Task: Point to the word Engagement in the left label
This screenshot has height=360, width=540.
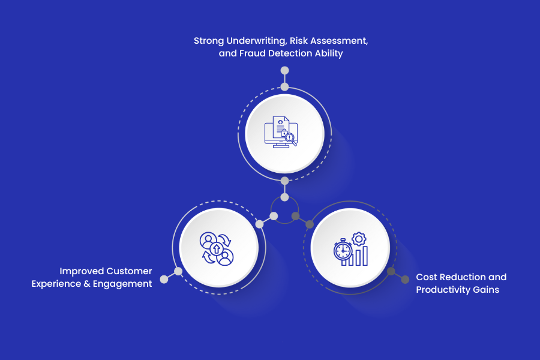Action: click(x=122, y=284)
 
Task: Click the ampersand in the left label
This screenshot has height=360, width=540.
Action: click(x=87, y=284)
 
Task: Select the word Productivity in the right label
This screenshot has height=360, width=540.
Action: click(x=443, y=290)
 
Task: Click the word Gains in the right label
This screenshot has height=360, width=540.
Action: click(x=486, y=290)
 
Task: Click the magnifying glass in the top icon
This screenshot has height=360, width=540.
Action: click(x=291, y=139)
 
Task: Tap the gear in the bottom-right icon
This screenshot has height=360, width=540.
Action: click(x=359, y=239)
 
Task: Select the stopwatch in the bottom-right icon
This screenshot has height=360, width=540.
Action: click(x=343, y=250)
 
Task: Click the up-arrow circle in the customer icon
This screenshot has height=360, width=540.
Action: click(x=217, y=248)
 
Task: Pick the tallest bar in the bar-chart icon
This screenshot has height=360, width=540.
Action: click(x=365, y=256)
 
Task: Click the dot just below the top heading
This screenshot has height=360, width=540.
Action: click(x=284, y=70)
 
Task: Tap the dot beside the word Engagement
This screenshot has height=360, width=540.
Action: click(x=164, y=280)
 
